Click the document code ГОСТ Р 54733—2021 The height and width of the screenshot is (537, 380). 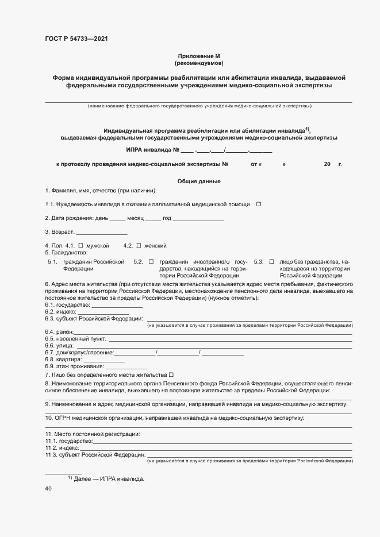pyautogui.click(x=76, y=39)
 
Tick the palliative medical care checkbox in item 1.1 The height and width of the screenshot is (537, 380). pyautogui.click(x=259, y=204)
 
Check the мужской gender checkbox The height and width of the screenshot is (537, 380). pyautogui.click(x=80, y=245)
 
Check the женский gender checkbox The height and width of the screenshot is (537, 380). pyautogui.click(x=139, y=245)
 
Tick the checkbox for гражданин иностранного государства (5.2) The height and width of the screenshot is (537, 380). pyautogui.click(x=151, y=261)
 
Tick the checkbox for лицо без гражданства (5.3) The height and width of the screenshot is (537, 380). pyautogui.click(x=272, y=261)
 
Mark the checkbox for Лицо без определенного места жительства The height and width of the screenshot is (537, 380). pyautogui.click(x=171, y=374)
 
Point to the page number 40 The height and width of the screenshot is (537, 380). pyautogui.click(x=48, y=489)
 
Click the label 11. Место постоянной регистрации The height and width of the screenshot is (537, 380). pyautogui.click(x=93, y=433)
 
